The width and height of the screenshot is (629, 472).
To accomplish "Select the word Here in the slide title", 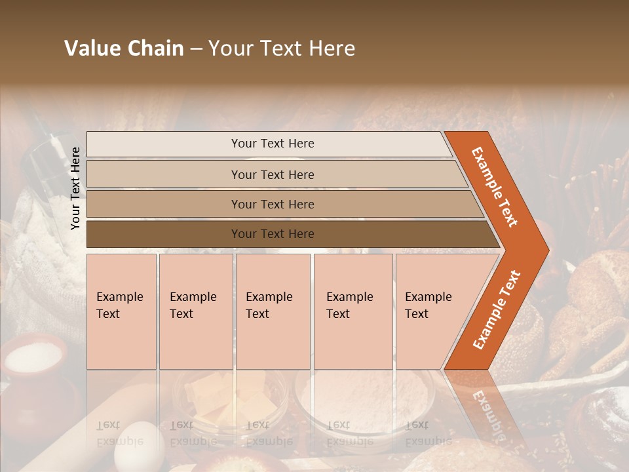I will click(x=330, y=49).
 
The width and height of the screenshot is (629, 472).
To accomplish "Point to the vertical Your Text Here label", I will click(x=75, y=188).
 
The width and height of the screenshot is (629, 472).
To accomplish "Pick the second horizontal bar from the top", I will click(x=272, y=174).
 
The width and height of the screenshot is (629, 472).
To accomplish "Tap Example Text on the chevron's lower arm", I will click(x=497, y=309).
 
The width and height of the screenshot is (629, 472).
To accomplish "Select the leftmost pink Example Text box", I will click(x=121, y=311).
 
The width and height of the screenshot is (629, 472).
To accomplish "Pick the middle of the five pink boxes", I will click(x=273, y=311).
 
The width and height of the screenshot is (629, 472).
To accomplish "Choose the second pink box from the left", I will click(x=196, y=311).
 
